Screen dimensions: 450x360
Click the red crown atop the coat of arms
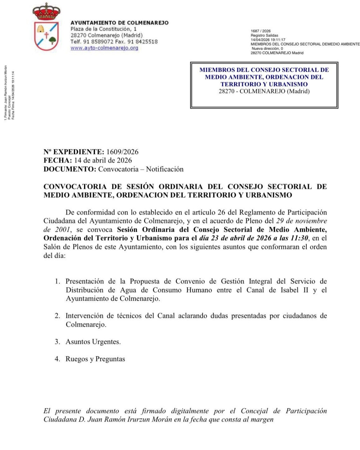click(46, 12)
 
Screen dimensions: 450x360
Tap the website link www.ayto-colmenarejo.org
click(104, 48)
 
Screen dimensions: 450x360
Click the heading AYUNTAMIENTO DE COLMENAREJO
click(119, 23)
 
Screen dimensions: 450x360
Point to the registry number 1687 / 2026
click(261, 31)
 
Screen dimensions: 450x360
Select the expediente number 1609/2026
click(122, 152)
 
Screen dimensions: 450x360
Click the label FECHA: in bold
click(57, 161)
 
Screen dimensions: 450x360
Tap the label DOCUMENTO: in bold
click(70, 169)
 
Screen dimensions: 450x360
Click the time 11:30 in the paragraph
click(299, 238)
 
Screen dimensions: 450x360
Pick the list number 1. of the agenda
click(57, 282)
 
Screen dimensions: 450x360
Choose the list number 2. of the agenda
click(57, 316)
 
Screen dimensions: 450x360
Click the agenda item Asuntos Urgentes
click(93, 342)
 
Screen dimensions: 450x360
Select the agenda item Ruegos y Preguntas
click(95, 359)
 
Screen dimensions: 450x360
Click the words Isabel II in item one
click(294, 290)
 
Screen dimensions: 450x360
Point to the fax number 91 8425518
click(143, 42)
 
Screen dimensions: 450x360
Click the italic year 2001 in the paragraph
click(62, 230)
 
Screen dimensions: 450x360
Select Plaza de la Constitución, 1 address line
click(103, 29)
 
